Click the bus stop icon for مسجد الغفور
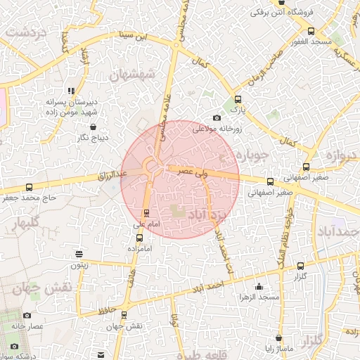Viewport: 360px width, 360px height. [x=311, y=31]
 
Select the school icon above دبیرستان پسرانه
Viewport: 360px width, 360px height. [x=71, y=91]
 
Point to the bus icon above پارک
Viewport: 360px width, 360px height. [x=238, y=99]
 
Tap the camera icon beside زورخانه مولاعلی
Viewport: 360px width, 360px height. [x=217, y=118]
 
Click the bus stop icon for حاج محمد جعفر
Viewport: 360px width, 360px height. [x=29, y=188]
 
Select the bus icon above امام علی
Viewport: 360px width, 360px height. [x=146, y=212]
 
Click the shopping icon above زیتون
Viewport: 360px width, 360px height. [x=78, y=254]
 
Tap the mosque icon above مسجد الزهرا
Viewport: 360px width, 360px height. [x=259, y=286]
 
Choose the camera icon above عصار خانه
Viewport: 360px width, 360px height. [x=27, y=316]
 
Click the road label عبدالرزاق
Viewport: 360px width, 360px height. [x=112, y=173]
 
